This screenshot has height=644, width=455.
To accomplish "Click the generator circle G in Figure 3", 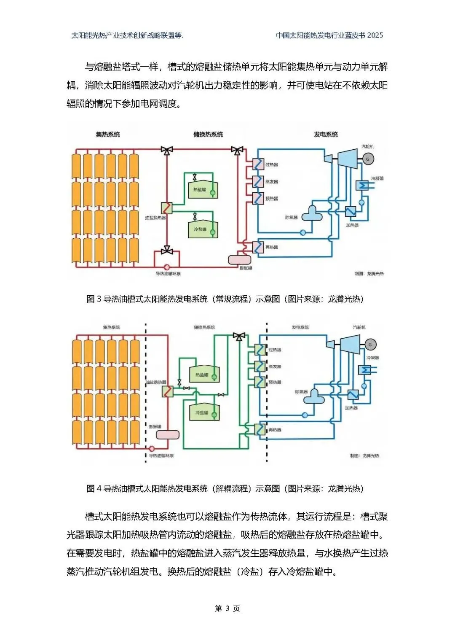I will tap(368, 159).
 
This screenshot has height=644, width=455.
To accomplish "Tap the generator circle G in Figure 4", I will tap(370, 345).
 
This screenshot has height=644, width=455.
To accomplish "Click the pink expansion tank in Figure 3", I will tap(239, 259).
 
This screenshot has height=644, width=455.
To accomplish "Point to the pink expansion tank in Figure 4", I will tap(168, 434).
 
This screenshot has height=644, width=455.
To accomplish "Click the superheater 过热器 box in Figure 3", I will tap(258, 164).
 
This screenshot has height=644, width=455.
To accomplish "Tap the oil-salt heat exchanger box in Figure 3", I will tap(167, 207).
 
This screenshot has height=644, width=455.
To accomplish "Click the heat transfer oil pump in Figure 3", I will tap(167, 267).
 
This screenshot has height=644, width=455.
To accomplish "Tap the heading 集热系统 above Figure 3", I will tap(108, 135).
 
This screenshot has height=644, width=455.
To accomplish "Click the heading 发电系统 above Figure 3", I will tap(326, 135).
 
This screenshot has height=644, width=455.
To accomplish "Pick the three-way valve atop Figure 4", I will tap(239, 337).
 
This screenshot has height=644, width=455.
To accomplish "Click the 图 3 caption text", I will tap(225, 299).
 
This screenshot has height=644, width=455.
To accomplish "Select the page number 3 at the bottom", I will tap(227, 608).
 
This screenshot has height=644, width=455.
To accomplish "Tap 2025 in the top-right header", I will tap(375, 35).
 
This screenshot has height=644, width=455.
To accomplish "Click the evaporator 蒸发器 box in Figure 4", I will tap(260, 365).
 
